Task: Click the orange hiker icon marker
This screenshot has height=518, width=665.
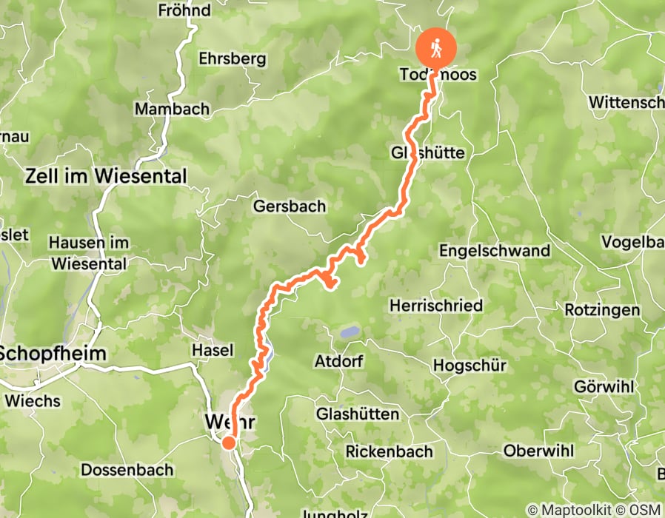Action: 435,47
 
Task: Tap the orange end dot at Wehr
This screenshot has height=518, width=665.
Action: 229,443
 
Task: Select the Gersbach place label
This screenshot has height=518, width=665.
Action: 289,206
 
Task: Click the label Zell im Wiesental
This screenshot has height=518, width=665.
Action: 106,177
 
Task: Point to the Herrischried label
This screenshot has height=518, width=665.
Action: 436,305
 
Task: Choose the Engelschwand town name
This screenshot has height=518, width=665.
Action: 495,250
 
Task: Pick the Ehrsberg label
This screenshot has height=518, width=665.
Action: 233,59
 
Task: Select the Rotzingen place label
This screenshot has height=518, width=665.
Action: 601,309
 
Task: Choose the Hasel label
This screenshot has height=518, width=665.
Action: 213,350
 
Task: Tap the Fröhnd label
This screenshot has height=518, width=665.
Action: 184,10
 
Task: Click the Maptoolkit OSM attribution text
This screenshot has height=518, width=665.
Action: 594,510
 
